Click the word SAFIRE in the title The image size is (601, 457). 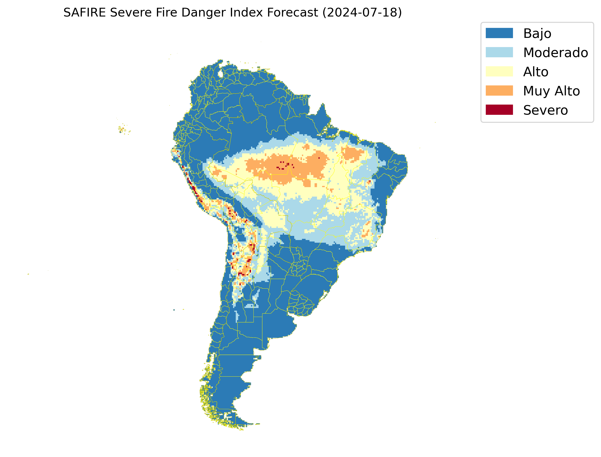pyautogui.click(x=84, y=13)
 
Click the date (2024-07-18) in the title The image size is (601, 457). pyautogui.click(x=362, y=13)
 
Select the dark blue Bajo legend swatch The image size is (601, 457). pyautogui.click(x=499, y=33)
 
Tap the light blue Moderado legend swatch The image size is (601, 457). pyautogui.click(x=499, y=52)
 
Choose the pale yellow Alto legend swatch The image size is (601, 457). pyautogui.click(x=499, y=72)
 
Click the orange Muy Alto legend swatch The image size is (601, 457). pyautogui.click(x=499, y=91)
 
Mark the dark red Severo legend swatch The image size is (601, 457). pyautogui.click(x=499, y=110)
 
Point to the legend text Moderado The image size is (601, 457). pyautogui.click(x=555, y=53)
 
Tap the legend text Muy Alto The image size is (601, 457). pyautogui.click(x=551, y=91)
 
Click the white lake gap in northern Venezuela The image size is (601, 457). pyautogui.click(x=220, y=74)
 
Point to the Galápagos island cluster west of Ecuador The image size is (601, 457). pyautogui.click(x=123, y=130)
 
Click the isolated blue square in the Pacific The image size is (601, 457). pyautogui.click(x=174, y=310)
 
